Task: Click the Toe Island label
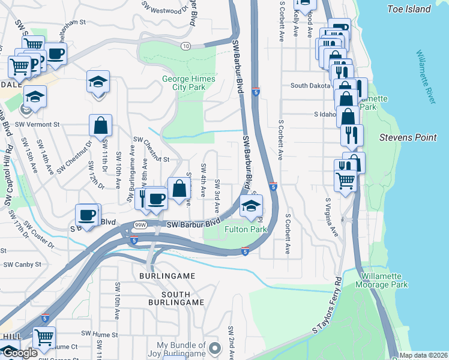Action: (409, 9)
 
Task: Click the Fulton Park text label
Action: (246, 229)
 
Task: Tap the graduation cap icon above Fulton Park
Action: (250, 207)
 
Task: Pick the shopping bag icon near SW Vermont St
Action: (101, 126)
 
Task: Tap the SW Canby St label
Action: (22, 264)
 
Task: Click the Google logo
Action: (20, 353)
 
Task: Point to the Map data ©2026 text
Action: (424, 355)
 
